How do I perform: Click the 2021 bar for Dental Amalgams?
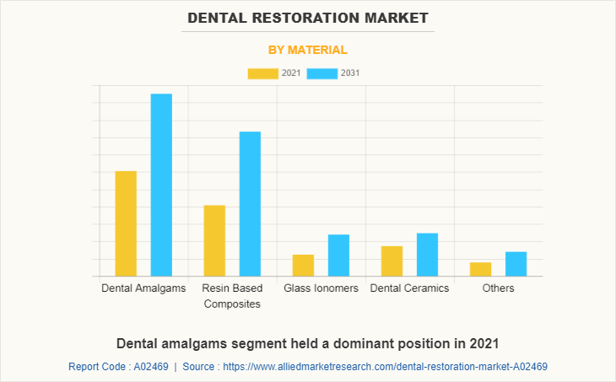[126, 223]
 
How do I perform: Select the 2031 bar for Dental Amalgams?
[161, 185]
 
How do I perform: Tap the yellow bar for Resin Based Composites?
[214, 240]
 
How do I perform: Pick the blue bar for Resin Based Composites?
[250, 203]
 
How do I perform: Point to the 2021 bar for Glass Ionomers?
[303, 265]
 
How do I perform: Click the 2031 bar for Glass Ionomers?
[338, 255]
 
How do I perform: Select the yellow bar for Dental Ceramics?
[392, 261]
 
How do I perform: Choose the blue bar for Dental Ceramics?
[427, 254]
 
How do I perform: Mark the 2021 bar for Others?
[480, 269]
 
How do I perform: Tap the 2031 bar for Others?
[516, 263]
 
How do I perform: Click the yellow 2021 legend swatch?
[262, 73]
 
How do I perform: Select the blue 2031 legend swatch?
[322, 73]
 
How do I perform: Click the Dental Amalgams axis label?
[143, 288]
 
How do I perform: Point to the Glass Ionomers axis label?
[321, 288]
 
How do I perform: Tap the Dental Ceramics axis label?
[409, 288]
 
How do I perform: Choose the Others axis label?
[498, 288]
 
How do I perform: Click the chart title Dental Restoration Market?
[307, 17]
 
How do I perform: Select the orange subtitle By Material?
[307, 50]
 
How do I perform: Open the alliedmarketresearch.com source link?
[384, 367]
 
